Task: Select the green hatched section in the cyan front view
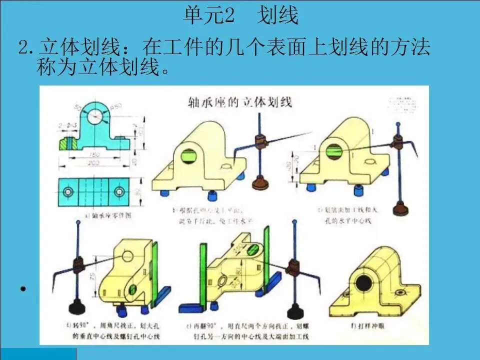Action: [x=66, y=143]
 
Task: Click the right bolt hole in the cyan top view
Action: [x=118, y=191]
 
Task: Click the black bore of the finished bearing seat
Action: [x=363, y=284]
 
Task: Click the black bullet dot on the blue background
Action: [x=23, y=289]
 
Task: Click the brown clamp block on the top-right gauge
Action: [x=398, y=143]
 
